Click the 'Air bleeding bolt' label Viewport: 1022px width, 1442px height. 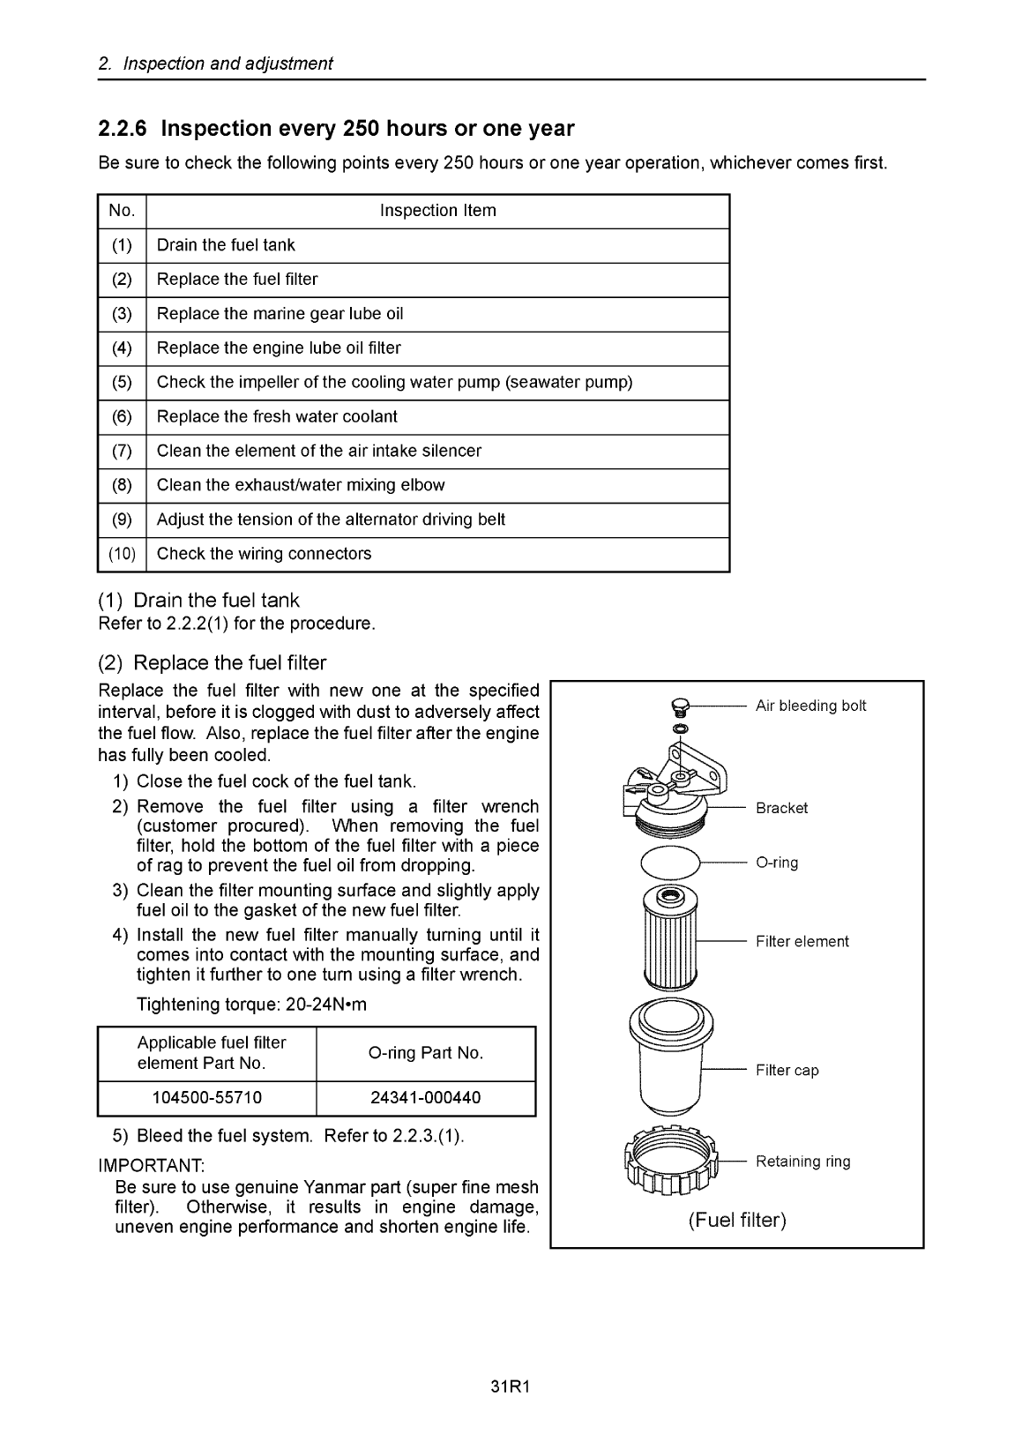pos(810,706)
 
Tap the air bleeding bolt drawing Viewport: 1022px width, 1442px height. pos(677,706)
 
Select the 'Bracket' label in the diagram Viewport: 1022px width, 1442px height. pos(781,808)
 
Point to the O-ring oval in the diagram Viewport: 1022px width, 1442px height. pos(669,863)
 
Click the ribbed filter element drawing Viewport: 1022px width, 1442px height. pos(672,939)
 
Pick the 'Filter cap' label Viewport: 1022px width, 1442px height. pos(787,1071)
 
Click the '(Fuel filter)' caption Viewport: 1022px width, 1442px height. pos(737,1221)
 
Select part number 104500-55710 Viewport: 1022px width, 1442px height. pos(207,1098)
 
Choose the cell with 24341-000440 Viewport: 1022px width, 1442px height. pos(426,1098)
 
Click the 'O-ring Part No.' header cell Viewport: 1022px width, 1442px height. pos(426,1053)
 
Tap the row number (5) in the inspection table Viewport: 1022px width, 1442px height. pos(122,383)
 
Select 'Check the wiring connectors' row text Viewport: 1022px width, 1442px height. pos(264,554)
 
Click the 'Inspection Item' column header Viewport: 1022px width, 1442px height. pos(437,211)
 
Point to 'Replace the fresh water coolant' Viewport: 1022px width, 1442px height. pos(277,416)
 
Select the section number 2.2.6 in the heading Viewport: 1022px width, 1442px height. pos(123,130)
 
